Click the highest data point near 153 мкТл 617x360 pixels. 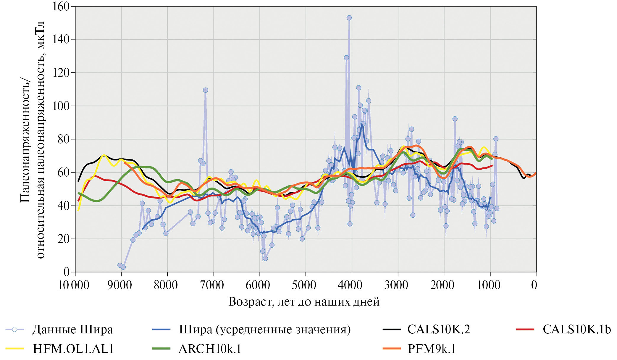click(x=349, y=18)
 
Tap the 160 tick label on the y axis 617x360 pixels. click(x=61, y=6)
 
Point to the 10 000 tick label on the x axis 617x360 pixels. click(x=74, y=285)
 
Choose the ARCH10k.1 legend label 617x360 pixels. click(x=210, y=349)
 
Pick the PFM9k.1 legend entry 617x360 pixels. click(x=431, y=349)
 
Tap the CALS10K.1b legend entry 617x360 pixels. click(x=576, y=330)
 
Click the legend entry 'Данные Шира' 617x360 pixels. click(x=72, y=330)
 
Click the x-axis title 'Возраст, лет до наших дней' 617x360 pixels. click(x=304, y=302)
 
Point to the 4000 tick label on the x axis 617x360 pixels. click(x=350, y=285)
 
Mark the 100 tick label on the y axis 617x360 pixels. click(x=61, y=106)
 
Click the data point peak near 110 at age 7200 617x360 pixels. click(x=206, y=90)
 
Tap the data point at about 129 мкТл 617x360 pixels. click(x=346, y=58)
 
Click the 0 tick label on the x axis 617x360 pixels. click(x=534, y=285)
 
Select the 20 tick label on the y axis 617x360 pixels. click(x=63, y=239)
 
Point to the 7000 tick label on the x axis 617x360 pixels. click(x=212, y=285)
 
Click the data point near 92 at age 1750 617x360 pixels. click(x=455, y=119)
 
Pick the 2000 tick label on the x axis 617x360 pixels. click(x=442, y=285)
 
